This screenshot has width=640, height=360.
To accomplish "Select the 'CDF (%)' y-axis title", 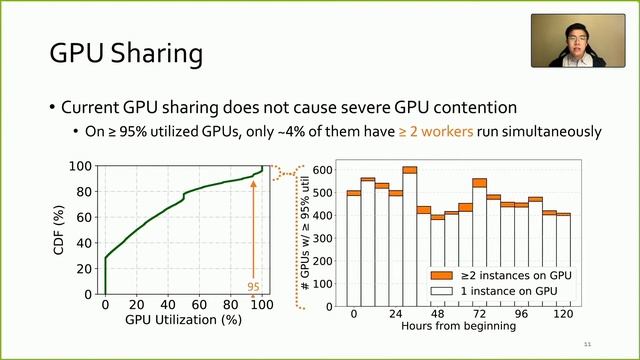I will pyautogui.click(x=61, y=229).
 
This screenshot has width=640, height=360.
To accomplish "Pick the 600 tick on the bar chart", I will pyautogui.click(x=321, y=168).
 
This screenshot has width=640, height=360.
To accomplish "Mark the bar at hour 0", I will pyautogui.click(x=354, y=245).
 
